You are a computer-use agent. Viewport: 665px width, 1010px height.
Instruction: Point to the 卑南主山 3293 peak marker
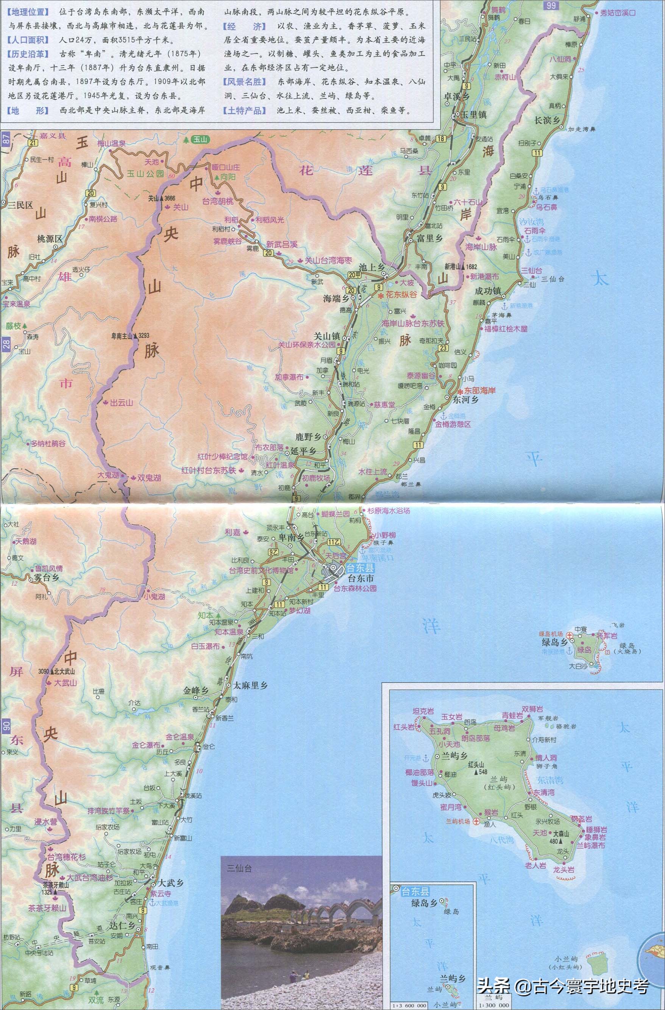tap(136, 335)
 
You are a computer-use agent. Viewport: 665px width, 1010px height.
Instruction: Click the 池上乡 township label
tap(372, 267)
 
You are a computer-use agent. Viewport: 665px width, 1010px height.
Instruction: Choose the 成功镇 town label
tap(487, 291)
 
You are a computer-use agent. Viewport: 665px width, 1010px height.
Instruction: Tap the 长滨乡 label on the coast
tap(547, 120)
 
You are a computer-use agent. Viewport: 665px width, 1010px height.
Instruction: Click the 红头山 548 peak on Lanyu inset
tap(478, 772)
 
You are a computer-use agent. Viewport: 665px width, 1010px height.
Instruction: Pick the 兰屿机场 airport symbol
tap(476, 822)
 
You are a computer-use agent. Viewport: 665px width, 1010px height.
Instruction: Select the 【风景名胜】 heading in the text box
tap(244, 82)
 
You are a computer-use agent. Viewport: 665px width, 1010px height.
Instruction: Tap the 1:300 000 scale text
tap(493, 1005)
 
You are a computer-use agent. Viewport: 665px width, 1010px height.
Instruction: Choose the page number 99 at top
tap(551, 5)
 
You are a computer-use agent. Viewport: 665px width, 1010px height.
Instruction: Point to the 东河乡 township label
tap(465, 399)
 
